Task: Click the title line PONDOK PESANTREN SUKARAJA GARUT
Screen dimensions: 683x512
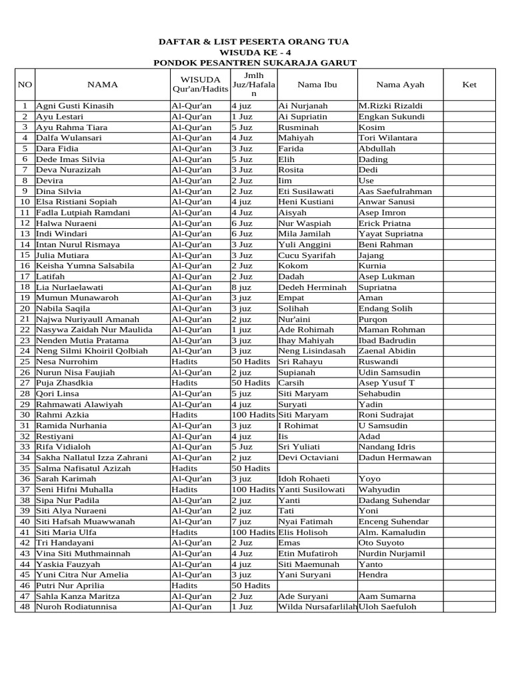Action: point(255,63)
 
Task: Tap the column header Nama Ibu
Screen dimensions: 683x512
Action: point(317,85)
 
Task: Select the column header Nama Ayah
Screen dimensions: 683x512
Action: point(399,85)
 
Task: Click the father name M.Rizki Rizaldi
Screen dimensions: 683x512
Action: point(390,106)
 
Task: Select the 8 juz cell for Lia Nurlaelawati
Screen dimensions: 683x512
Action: point(241,287)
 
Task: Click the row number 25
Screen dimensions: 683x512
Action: point(25,362)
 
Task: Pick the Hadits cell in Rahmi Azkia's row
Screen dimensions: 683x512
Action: point(184,415)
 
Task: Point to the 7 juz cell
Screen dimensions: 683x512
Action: point(241,522)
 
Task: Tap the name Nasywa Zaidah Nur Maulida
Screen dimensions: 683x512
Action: point(94,330)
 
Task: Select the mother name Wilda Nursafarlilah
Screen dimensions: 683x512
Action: point(317,607)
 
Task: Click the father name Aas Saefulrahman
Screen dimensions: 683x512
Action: point(395,191)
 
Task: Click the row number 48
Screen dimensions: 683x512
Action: point(25,607)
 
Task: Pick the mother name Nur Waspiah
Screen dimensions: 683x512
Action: point(306,223)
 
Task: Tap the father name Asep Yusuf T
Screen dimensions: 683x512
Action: point(387,383)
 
